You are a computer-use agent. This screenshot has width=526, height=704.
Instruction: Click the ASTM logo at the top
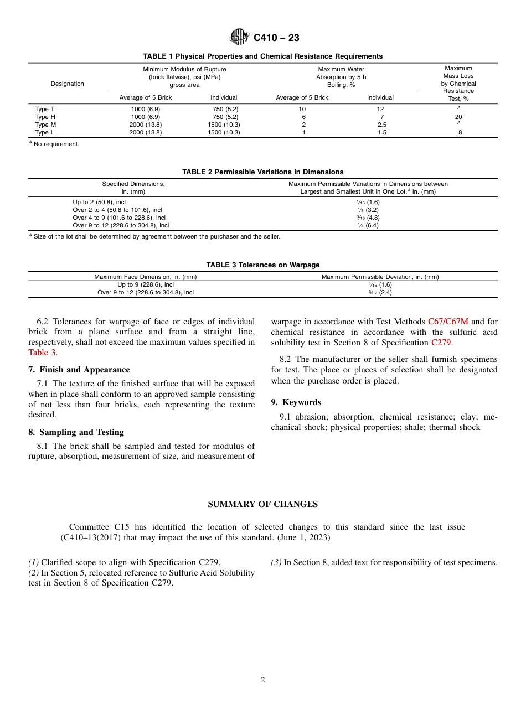tap(239, 37)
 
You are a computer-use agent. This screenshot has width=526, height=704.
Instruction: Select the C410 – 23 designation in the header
tap(276, 38)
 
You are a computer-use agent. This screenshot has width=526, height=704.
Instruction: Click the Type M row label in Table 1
tap(45, 125)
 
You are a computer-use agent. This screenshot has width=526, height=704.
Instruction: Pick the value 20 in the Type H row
tap(458, 117)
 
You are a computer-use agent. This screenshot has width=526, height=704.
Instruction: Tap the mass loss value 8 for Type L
tap(460, 132)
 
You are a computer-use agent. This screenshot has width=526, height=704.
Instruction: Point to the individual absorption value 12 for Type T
tap(380, 109)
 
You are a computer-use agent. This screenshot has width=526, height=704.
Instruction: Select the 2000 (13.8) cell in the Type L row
tap(146, 132)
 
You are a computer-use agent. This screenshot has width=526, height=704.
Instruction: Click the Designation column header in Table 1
tap(68, 84)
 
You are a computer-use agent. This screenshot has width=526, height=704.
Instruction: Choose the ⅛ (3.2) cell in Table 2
tap(368, 210)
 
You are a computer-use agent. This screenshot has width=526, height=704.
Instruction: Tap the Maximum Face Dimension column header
tap(145, 277)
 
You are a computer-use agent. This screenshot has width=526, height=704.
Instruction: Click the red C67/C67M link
tap(448, 322)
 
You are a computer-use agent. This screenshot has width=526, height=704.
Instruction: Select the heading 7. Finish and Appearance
tap(79, 370)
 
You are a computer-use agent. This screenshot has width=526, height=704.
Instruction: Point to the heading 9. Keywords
tap(296, 402)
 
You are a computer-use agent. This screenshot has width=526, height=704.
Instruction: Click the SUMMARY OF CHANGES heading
tap(262, 504)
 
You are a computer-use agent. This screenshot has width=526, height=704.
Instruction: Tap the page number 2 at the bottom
tap(263, 680)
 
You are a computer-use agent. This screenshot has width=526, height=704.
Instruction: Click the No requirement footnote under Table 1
tap(56, 144)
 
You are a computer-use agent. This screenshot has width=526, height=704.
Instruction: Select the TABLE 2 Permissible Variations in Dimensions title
tap(262, 172)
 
